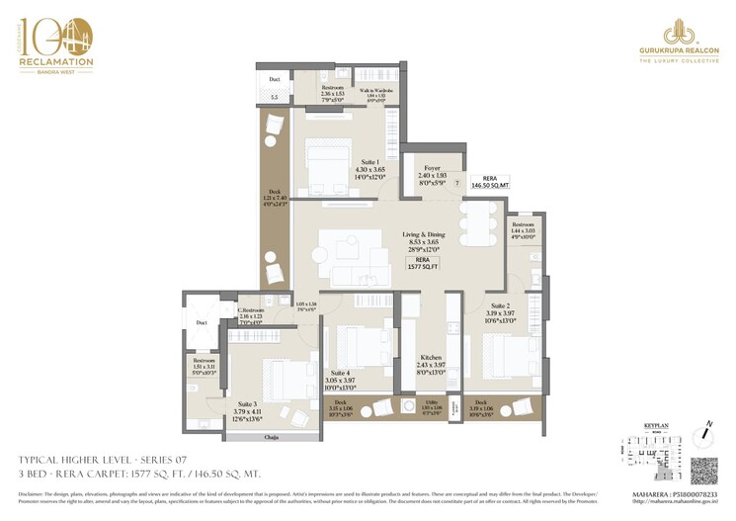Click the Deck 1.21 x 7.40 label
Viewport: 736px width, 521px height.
(275, 198)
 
